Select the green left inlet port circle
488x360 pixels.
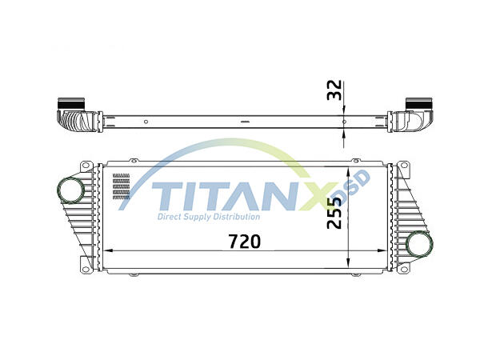(70, 191)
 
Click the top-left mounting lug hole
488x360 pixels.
(84, 166)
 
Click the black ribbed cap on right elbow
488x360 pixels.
(418, 104)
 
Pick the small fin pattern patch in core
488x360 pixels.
(121, 186)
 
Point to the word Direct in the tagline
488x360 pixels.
(171, 217)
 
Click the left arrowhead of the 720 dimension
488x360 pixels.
(109, 250)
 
